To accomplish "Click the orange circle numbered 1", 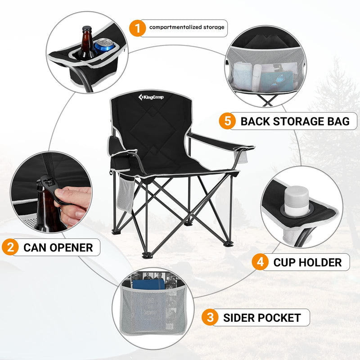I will tap(137, 28).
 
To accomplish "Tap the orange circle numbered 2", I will tap(10, 247).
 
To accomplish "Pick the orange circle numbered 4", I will tap(260, 262).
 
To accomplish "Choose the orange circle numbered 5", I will tap(227, 121).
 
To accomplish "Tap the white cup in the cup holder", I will tap(297, 198).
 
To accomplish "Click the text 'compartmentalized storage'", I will tap(186, 27).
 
